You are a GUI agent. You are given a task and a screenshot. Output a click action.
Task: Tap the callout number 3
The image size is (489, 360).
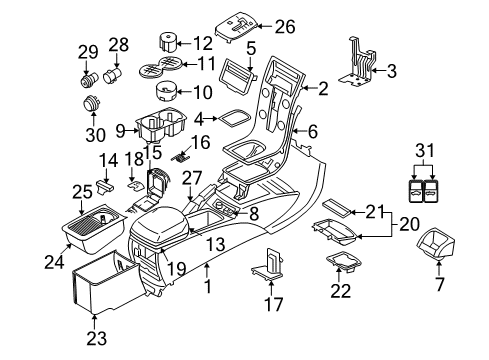coord(393,71)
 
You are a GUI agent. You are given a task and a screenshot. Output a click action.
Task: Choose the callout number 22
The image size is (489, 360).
coord(342,291)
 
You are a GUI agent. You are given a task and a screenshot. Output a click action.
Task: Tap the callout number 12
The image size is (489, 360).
coord(203,43)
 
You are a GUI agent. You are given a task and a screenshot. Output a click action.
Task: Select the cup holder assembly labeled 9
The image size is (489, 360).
coord(160,128)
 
